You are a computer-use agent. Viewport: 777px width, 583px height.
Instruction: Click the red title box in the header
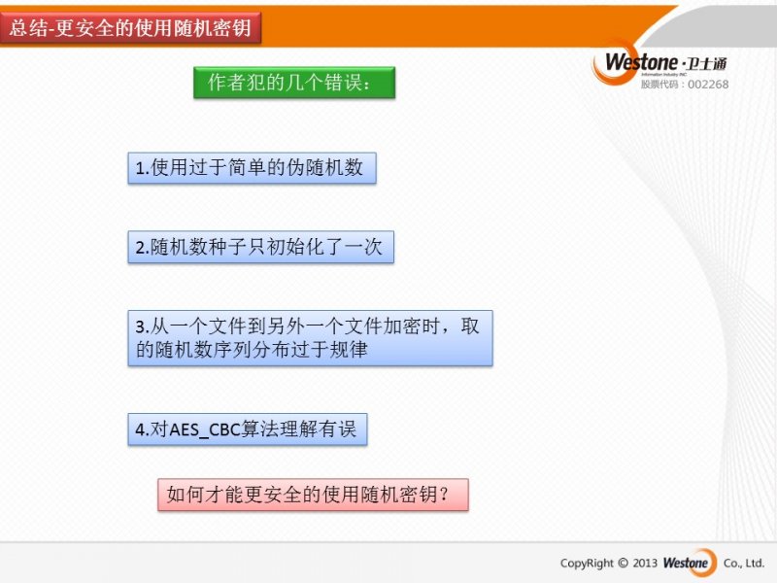click(x=130, y=28)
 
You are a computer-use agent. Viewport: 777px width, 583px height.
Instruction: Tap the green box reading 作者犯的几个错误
click(x=294, y=83)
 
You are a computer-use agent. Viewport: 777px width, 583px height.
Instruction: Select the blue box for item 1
click(x=252, y=168)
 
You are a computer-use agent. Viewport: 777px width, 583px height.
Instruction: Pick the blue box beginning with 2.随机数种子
click(x=260, y=247)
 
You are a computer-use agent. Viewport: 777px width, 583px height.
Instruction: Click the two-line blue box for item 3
click(x=310, y=338)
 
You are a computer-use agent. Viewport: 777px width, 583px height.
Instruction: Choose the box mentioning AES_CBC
click(x=248, y=429)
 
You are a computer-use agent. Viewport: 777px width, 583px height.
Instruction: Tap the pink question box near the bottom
click(x=313, y=495)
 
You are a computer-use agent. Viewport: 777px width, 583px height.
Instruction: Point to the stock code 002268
click(x=708, y=85)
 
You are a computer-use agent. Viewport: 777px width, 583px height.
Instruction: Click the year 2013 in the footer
click(x=645, y=564)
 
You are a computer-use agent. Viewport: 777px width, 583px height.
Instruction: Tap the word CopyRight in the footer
click(x=587, y=564)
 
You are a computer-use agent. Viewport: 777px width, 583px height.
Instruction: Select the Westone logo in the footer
click(x=690, y=563)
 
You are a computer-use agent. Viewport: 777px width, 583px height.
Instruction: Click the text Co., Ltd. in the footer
click(x=744, y=564)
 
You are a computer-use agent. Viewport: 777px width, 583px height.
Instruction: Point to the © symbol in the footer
click(x=624, y=564)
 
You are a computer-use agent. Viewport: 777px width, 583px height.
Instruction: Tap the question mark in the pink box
click(x=444, y=495)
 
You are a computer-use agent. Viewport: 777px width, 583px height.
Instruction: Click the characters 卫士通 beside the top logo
click(x=707, y=64)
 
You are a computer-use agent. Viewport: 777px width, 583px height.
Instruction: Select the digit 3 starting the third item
click(x=140, y=327)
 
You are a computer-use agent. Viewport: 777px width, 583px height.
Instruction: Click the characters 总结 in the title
click(x=27, y=28)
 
